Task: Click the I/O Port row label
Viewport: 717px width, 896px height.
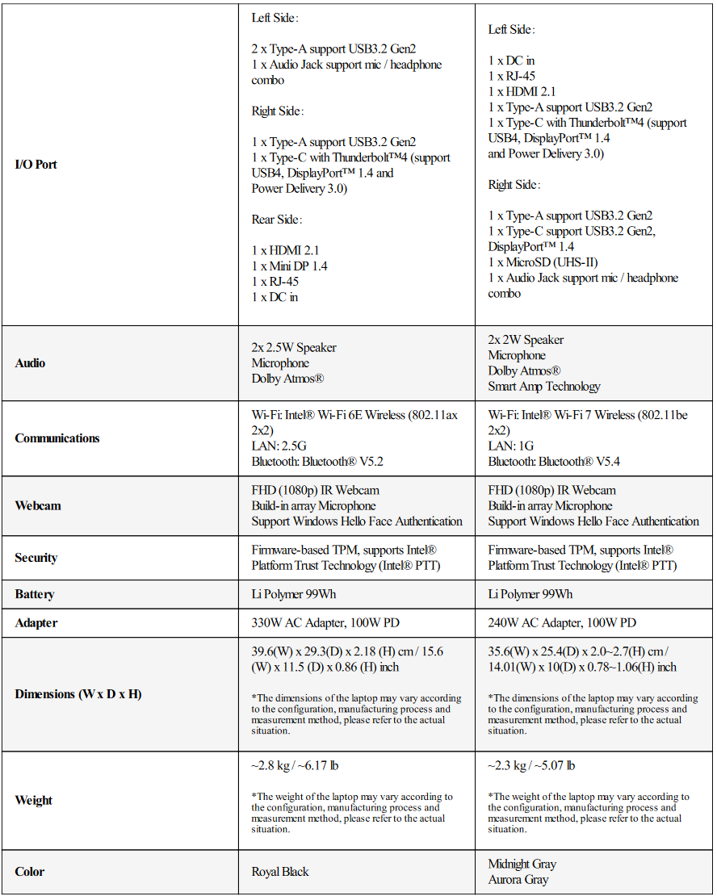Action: click(x=36, y=165)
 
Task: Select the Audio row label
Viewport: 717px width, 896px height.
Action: click(x=31, y=363)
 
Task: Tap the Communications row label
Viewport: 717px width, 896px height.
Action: click(x=57, y=438)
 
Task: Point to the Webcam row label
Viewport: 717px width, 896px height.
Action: click(x=38, y=506)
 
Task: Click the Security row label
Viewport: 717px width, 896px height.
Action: click(x=36, y=558)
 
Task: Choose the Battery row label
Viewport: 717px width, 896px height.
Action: click(x=35, y=594)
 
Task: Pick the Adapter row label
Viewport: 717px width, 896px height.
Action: click(x=36, y=623)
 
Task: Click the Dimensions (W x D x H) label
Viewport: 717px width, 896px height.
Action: click(x=78, y=694)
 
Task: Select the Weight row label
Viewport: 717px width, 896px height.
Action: click(x=34, y=801)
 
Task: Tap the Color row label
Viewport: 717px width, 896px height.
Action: click(x=30, y=872)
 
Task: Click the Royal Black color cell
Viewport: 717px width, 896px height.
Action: click(x=280, y=872)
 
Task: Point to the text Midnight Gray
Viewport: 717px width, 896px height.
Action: click(x=522, y=864)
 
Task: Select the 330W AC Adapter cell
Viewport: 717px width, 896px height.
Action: click(x=325, y=623)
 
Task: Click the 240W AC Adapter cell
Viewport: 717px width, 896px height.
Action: click(x=562, y=623)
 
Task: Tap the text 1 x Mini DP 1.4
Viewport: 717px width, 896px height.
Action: click(x=289, y=266)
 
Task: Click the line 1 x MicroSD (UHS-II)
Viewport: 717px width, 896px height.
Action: click(x=544, y=262)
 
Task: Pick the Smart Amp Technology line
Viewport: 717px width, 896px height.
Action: click(x=544, y=387)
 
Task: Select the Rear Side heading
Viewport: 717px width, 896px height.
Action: click(x=278, y=220)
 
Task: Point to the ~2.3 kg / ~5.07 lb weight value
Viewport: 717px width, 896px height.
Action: click(x=531, y=765)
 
